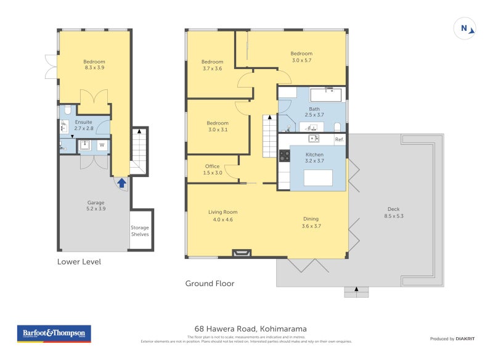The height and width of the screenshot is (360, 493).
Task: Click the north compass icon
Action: [x=465, y=28]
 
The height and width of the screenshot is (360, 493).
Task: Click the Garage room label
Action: [x=96, y=205]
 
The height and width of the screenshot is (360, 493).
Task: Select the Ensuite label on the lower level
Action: [x=84, y=125]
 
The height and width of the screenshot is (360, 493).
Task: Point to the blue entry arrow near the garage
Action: [x=122, y=182]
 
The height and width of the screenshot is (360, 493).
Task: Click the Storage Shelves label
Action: [x=140, y=231]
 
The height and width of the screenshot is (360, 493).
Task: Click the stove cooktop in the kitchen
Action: [x=285, y=156]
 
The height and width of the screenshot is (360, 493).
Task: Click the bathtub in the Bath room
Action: [x=325, y=94]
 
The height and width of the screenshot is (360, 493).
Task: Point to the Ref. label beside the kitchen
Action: [x=339, y=140]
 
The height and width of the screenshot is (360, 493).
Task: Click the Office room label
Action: [x=213, y=169]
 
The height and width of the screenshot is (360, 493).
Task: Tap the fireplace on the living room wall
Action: [x=242, y=252]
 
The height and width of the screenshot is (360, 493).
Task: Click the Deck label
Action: [x=394, y=212]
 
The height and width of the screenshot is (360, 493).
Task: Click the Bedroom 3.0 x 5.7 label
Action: [x=301, y=57]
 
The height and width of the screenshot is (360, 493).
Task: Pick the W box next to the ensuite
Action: [x=102, y=145]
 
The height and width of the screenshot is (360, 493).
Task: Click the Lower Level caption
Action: [x=79, y=261]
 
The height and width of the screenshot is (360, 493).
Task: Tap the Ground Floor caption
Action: [x=210, y=284]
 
